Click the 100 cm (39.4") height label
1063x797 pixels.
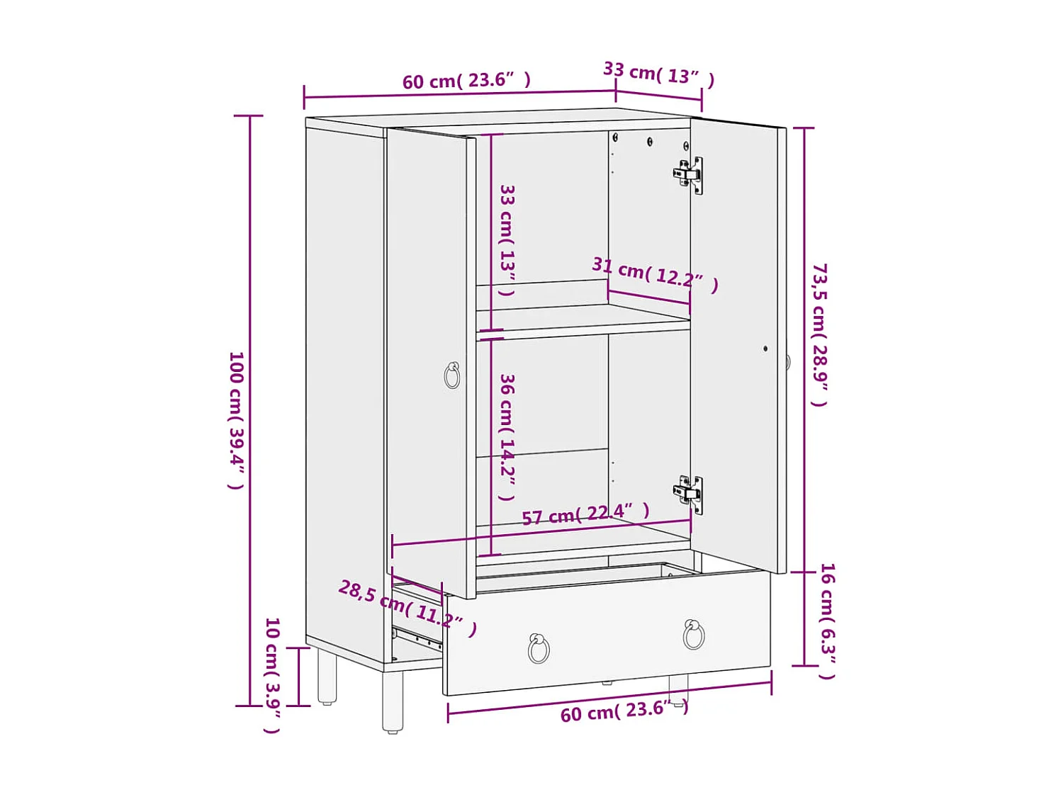tap(236, 419)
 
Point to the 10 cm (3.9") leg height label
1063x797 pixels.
tap(272, 674)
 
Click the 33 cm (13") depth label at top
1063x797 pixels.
tap(658, 74)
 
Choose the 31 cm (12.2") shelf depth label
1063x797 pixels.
tap(655, 274)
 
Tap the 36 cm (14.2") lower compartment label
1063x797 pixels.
tap(507, 436)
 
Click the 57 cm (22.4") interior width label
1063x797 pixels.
tap(585, 514)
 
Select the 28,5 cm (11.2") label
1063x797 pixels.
tap(407, 607)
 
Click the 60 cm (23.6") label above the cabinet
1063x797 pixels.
tap(466, 81)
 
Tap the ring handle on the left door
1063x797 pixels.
tap(452, 375)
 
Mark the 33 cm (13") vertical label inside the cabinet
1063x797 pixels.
tap(507, 239)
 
